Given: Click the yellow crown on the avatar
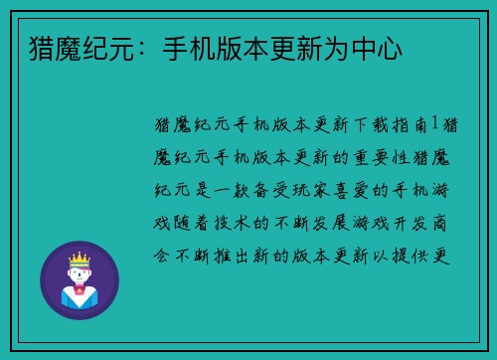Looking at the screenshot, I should [79, 261].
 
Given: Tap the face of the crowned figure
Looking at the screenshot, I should [79, 275].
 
